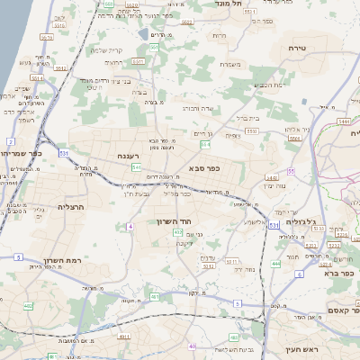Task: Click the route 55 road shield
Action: coord(291,171)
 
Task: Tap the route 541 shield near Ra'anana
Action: coord(135,167)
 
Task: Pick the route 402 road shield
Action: coord(28,307)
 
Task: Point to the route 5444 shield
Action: coord(344,120)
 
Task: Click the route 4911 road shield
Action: coord(122,336)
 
